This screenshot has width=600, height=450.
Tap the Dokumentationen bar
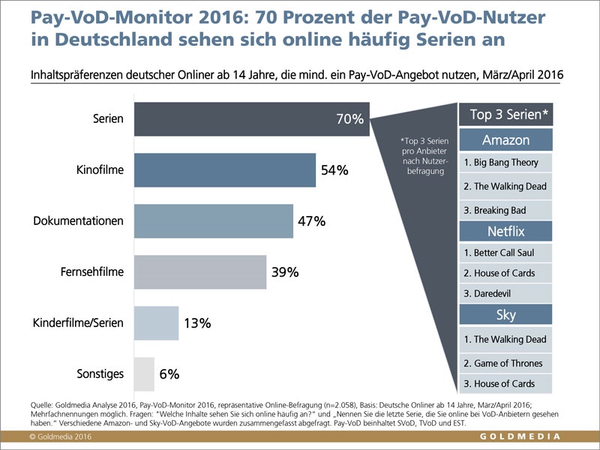click(213, 221)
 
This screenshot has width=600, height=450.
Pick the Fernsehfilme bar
click(199, 271)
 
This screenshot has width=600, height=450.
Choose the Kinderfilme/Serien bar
click(156, 323)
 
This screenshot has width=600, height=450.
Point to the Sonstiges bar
click(144, 373)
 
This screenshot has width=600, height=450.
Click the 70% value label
click(350, 118)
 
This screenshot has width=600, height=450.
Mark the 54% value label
click(334, 170)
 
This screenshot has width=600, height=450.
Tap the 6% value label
click(169, 373)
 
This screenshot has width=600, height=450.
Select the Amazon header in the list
click(505, 140)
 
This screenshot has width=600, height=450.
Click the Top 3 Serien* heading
click(505, 115)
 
